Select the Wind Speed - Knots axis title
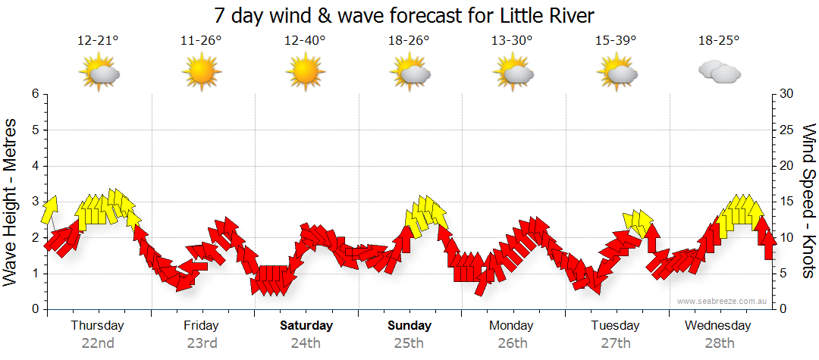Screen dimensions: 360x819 click(x=808, y=202)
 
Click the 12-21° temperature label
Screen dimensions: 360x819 click(x=98, y=41)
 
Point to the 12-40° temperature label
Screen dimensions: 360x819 click(x=305, y=41)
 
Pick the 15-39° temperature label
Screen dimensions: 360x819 click(x=615, y=41)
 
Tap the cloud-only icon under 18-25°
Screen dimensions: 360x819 click(x=719, y=72)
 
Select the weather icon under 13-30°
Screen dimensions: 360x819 click(x=513, y=72)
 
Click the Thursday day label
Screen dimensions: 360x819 click(x=97, y=326)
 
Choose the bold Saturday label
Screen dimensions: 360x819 click(x=306, y=326)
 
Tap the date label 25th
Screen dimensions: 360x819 click(x=409, y=343)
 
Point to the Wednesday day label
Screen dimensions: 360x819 click(x=717, y=326)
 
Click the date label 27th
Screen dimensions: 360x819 click(x=616, y=343)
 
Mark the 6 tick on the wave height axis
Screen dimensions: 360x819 click(x=34, y=94)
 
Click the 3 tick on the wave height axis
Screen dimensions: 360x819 click(x=34, y=202)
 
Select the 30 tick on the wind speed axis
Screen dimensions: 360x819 click(x=786, y=94)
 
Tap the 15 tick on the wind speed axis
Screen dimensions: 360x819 click(x=786, y=202)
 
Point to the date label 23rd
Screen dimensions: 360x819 click(x=202, y=343)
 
